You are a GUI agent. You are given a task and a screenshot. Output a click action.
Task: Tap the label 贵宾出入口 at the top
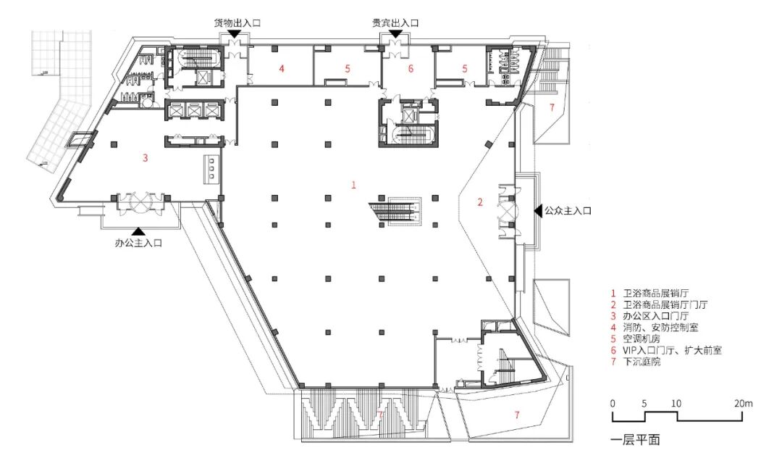[395, 23]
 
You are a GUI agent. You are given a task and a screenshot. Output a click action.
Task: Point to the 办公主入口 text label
[138, 244]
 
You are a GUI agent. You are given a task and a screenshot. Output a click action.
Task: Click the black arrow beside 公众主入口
[537, 211]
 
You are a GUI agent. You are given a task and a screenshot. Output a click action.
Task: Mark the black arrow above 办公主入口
[138, 231]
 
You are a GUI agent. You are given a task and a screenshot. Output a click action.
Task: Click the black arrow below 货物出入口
[234, 33]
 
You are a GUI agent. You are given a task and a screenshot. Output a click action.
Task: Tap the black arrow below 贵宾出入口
[395, 33]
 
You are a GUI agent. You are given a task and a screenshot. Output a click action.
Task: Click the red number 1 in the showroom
[353, 185]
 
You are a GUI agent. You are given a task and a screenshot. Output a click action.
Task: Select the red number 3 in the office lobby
[145, 158]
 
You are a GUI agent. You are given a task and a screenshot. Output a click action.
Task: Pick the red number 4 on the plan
[281, 68]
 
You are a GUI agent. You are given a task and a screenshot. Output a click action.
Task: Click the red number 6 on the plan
[411, 68]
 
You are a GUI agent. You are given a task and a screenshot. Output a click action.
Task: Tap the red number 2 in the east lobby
[480, 202]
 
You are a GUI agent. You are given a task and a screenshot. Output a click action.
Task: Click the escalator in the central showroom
[396, 210]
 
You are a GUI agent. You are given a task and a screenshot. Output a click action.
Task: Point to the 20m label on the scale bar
[743, 404]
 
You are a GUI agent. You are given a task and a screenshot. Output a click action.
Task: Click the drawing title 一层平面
[635, 439]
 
